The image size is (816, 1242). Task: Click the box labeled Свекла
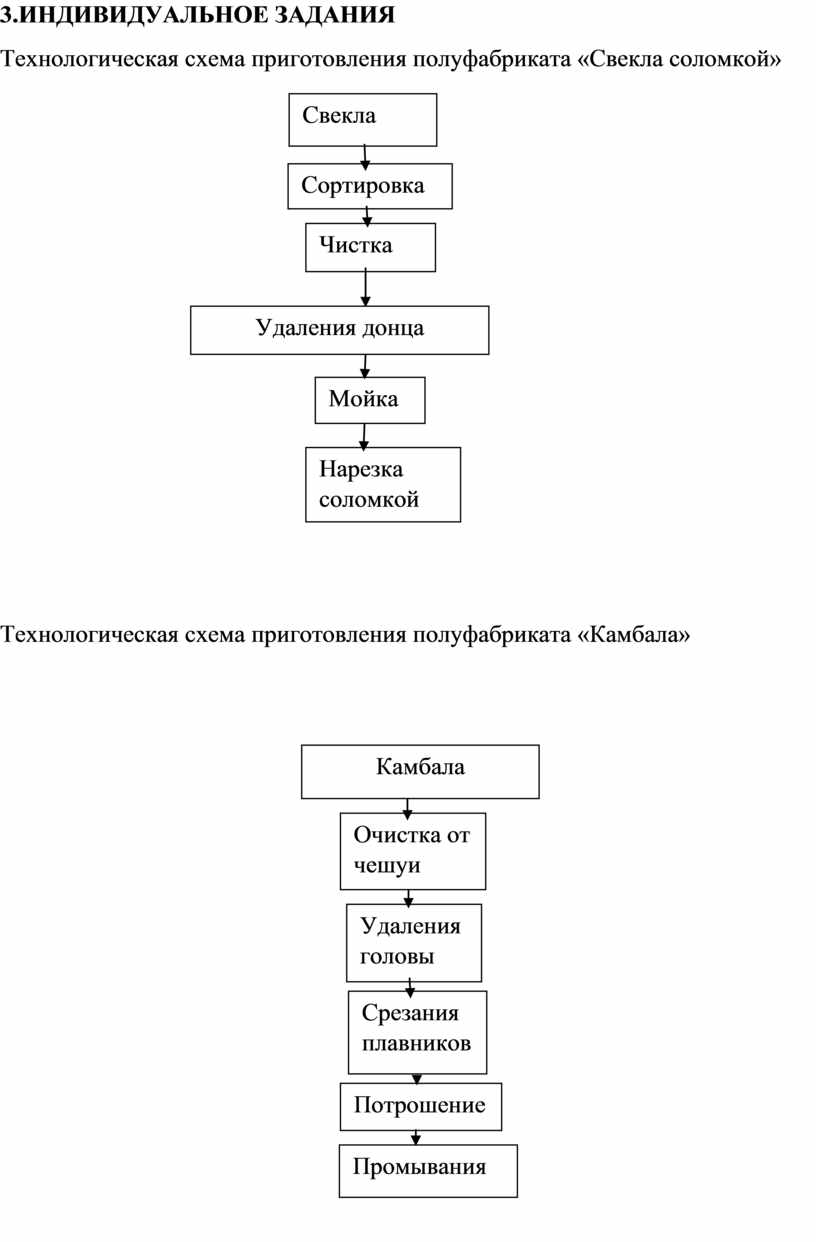(x=363, y=120)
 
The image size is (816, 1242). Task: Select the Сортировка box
(x=370, y=186)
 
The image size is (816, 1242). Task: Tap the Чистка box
(x=370, y=247)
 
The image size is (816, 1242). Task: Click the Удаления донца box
(x=340, y=330)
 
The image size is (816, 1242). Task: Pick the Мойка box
(x=370, y=400)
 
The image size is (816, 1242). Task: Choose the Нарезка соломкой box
(x=383, y=485)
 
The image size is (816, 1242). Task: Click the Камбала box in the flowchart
(x=420, y=771)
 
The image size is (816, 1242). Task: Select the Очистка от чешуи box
(x=413, y=851)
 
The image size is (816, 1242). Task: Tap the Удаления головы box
(x=414, y=943)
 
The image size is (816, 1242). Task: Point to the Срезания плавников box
(x=417, y=1032)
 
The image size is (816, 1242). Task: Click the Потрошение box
(x=421, y=1107)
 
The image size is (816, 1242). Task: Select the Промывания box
(x=428, y=1171)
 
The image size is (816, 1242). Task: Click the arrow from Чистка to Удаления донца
(x=365, y=288)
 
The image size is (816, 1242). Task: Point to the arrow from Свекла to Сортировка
(x=365, y=156)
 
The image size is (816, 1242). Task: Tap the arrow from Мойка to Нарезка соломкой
(x=364, y=436)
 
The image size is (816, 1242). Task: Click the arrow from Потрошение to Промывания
(x=416, y=1138)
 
